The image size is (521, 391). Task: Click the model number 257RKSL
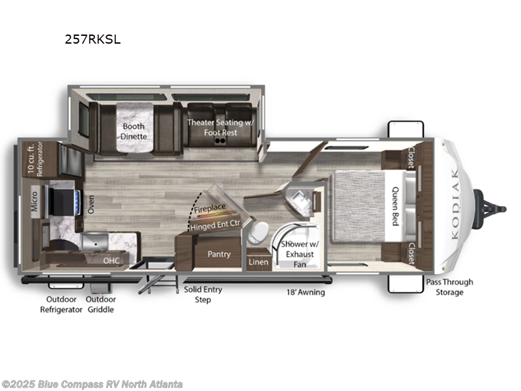click(x=92, y=39)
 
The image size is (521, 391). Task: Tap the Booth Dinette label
click(x=134, y=132)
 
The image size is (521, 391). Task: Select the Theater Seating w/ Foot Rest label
click(x=221, y=127)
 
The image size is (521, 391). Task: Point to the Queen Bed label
click(x=395, y=206)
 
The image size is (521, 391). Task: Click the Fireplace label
click(x=210, y=209)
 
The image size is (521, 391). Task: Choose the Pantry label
click(x=219, y=254)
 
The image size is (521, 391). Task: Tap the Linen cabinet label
click(x=259, y=262)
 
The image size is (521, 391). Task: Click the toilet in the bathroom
click(x=258, y=232)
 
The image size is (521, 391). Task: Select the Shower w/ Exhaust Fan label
click(x=300, y=254)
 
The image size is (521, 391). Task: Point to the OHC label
click(x=111, y=260)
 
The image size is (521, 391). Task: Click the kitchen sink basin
click(x=95, y=242)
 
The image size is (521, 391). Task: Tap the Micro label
click(x=35, y=201)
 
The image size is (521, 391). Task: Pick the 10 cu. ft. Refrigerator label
click(x=35, y=159)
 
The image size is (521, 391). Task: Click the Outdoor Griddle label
click(x=101, y=304)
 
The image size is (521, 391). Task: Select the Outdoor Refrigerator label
click(x=61, y=304)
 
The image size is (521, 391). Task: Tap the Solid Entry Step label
click(x=203, y=295)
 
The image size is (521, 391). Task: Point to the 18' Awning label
click(x=305, y=292)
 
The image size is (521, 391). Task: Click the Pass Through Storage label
click(x=449, y=287)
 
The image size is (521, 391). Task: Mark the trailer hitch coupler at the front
click(x=490, y=209)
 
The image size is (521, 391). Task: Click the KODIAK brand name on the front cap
click(x=455, y=203)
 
